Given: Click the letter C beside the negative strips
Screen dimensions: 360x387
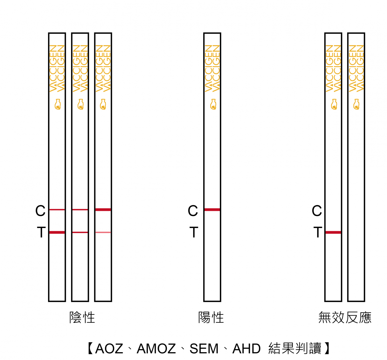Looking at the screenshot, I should click(40, 211).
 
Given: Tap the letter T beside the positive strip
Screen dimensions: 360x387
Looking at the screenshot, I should click(193, 232).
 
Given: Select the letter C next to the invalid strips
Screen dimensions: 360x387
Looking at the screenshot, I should click(317, 211).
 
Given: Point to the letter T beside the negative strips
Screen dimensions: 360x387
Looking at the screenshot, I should click(41, 232).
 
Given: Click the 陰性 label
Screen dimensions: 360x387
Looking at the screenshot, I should click(82, 317).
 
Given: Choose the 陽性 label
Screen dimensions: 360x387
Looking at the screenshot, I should click(211, 317).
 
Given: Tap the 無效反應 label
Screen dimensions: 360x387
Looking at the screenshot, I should click(345, 317).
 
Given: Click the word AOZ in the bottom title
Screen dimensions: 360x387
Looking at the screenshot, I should click(109, 349).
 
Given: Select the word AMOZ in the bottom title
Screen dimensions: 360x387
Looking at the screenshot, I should click(156, 349).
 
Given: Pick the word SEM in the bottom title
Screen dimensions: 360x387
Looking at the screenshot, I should click(204, 349).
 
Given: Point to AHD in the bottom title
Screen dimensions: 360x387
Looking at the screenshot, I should click(246, 349).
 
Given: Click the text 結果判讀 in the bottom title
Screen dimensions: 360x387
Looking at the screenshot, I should click(295, 349).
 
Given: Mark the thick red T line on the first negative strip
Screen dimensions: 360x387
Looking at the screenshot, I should click(57, 232).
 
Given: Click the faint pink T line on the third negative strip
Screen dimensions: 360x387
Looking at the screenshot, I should click(103, 232).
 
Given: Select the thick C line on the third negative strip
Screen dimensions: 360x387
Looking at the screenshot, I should click(103, 210).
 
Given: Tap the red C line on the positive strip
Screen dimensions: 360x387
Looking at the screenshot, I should click(212, 210).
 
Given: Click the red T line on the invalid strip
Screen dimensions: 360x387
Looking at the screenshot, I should click(333, 232).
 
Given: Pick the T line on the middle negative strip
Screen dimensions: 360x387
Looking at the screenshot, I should click(80, 232).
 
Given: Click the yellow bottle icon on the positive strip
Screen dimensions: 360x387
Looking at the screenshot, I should click(213, 104).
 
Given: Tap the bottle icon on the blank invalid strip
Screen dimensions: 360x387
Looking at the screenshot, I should click(356, 104).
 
